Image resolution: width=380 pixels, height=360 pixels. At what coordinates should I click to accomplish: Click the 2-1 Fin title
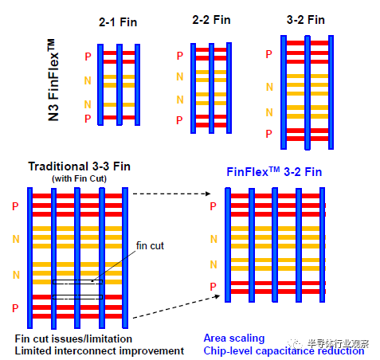(118, 22)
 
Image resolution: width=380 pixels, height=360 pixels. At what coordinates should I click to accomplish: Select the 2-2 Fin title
(211, 20)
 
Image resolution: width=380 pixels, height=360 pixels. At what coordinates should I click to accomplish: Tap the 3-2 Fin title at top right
(306, 20)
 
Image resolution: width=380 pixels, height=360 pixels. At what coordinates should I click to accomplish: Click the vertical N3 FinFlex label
(53, 80)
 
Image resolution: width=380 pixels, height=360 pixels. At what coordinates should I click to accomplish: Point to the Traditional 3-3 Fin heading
(80, 166)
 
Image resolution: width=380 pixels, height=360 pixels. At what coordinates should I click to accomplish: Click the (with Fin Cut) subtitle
(79, 178)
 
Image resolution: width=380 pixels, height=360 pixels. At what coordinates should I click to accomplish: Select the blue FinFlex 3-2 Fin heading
(274, 172)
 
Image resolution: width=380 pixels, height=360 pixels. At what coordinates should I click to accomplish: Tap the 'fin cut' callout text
(150, 246)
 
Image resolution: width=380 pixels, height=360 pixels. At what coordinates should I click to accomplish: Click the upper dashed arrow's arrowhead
(208, 194)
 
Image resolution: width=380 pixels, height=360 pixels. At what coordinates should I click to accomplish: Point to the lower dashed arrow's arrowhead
(217, 296)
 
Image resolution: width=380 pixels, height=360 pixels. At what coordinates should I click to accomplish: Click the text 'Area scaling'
(234, 338)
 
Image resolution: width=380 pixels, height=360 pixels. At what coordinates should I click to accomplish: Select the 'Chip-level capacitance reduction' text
(284, 351)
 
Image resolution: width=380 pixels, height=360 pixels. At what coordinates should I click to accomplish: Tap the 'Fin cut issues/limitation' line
(73, 339)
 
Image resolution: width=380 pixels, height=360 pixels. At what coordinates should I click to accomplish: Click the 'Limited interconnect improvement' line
(100, 351)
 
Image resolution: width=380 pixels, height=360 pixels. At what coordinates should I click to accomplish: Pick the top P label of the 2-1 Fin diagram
(88, 57)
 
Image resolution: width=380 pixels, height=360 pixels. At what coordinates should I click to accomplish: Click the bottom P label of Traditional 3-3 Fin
(15, 308)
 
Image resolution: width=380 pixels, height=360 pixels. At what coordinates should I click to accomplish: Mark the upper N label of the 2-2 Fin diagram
(180, 76)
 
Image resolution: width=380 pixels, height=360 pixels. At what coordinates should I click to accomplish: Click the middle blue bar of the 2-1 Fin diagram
(119, 84)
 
